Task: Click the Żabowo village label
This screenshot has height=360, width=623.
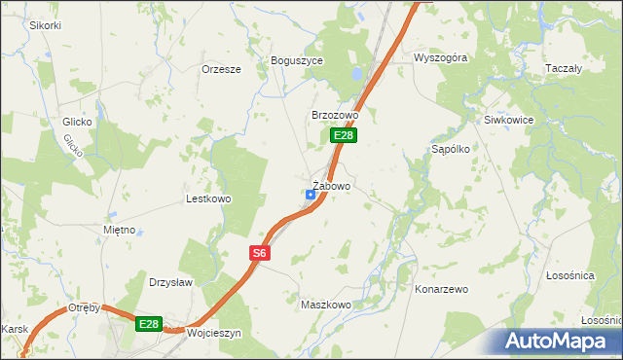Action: (x=332, y=185)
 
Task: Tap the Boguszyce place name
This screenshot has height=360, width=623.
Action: (x=296, y=59)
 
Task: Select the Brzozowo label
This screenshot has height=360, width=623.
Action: (x=335, y=115)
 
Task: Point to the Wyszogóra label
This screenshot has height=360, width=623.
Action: (x=440, y=57)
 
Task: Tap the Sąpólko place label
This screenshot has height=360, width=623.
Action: (x=451, y=150)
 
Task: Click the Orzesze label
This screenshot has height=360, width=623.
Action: (x=221, y=69)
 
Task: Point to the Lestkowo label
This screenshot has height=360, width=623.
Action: (x=207, y=198)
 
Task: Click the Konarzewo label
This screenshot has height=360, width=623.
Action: (x=442, y=289)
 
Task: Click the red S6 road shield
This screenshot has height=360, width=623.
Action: (x=258, y=253)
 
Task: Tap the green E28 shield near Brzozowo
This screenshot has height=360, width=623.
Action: (x=342, y=135)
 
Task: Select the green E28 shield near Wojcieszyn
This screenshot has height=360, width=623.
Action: (x=148, y=324)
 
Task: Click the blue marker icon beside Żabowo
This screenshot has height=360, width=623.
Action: (x=311, y=195)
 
